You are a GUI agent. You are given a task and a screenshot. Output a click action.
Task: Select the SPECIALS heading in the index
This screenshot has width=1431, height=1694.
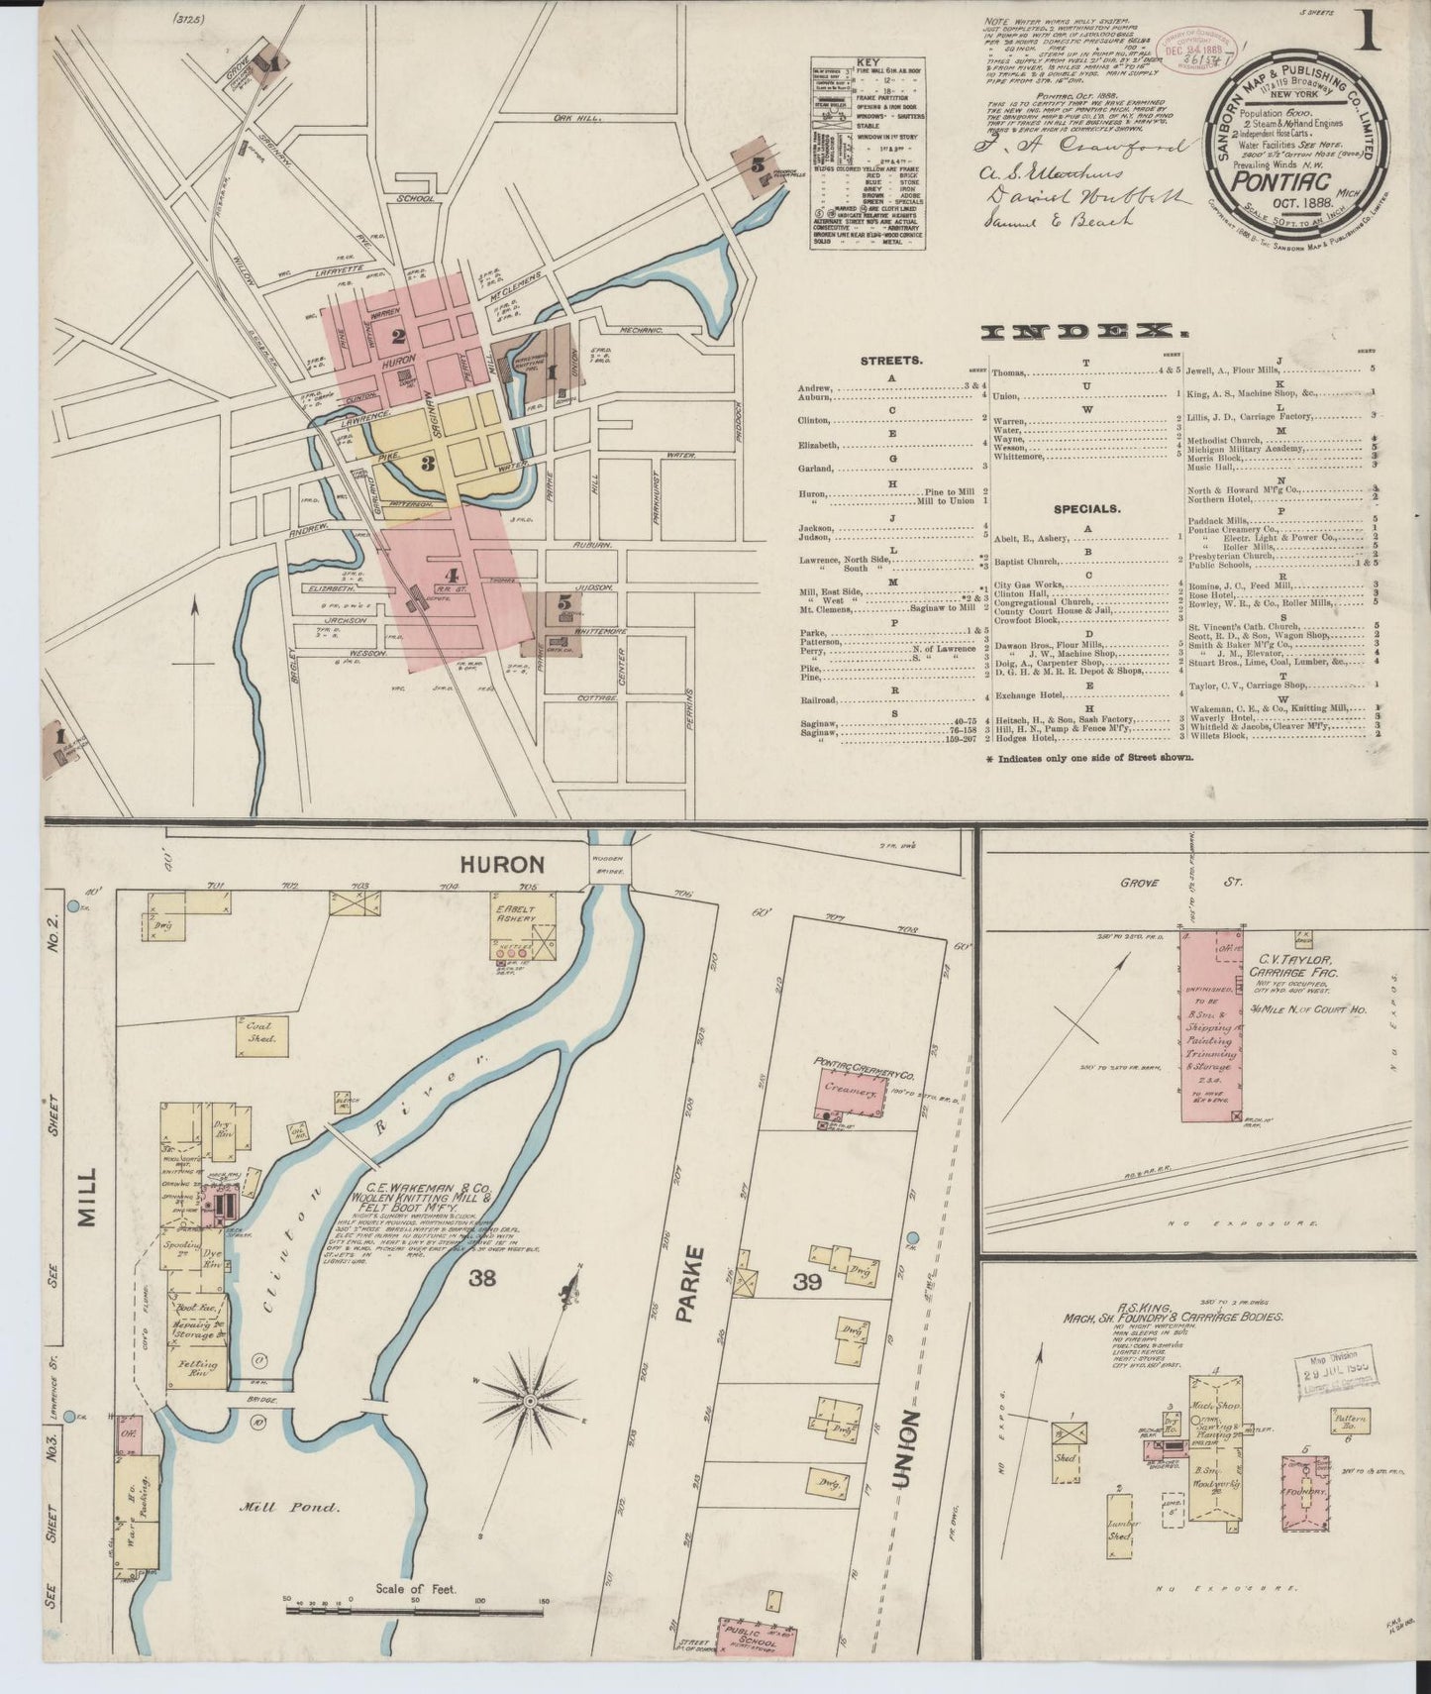pyautogui.click(x=1086, y=508)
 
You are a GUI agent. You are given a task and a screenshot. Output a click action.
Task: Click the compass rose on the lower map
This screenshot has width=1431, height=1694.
pyautogui.click(x=531, y=1398)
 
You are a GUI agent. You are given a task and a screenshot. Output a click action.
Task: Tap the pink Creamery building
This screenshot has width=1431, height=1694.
pyautogui.click(x=850, y=1090)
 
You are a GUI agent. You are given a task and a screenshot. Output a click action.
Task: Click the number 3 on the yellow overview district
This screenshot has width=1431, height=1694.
pyautogui.click(x=428, y=462)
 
